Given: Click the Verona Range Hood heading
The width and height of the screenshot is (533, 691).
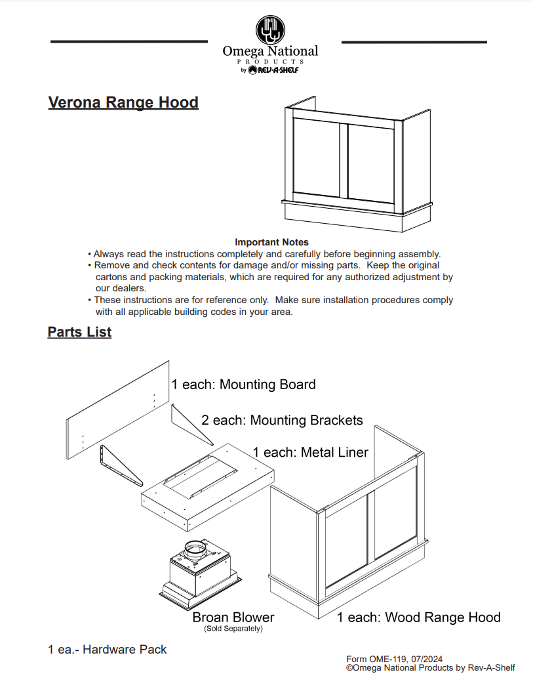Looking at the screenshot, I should [x=123, y=103].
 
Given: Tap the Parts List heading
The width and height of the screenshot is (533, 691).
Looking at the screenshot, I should [x=79, y=332].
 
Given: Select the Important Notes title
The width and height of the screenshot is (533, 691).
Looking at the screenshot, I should [x=271, y=242].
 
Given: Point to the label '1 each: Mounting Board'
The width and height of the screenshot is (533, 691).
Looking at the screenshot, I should [x=243, y=385].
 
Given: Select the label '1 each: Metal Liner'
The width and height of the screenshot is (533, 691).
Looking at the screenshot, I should [x=310, y=452].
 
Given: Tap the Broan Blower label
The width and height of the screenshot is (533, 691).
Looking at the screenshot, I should [x=233, y=618].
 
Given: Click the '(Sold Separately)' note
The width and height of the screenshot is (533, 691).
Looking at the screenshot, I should [x=233, y=629].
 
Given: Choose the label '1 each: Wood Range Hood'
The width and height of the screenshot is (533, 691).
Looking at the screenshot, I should [x=418, y=618].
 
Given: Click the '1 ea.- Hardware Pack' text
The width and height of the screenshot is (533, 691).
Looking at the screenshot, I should [x=108, y=650].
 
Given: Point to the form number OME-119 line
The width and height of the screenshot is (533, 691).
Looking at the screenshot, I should [x=394, y=659].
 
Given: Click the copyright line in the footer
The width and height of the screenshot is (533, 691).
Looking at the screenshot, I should [x=430, y=668].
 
